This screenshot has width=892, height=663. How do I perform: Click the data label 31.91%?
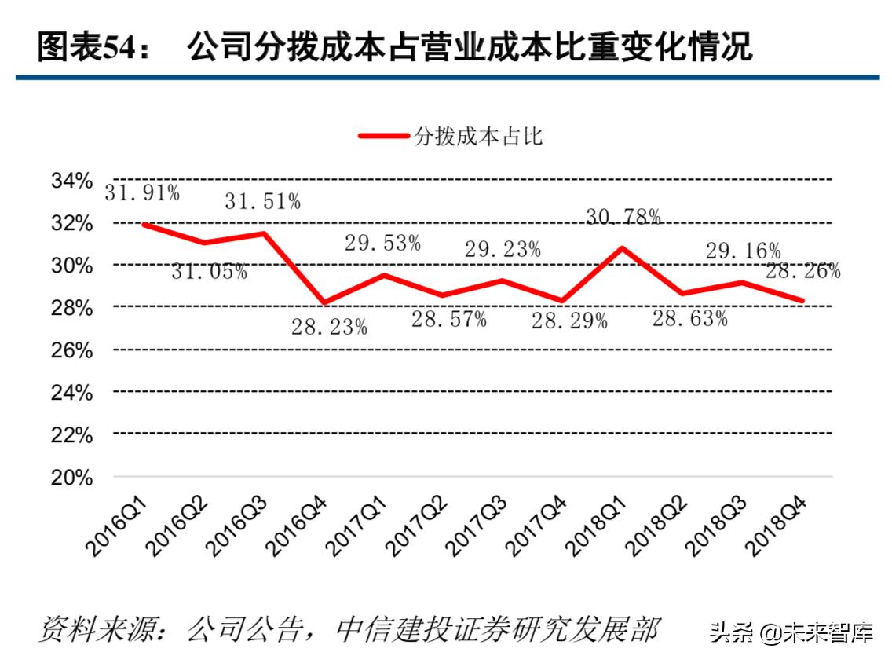(x=143, y=192)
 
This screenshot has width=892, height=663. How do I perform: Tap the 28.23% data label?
(x=329, y=326)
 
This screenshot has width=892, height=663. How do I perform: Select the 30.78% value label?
(x=623, y=218)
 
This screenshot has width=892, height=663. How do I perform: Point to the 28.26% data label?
(x=802, y=271)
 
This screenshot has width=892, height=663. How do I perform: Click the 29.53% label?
(x=382, y=243)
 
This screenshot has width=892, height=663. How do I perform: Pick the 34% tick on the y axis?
(x=72, y=181)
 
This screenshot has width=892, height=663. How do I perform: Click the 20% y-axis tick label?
(x=72, y=477)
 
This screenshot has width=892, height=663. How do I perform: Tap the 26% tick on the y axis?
(x=72, y=350)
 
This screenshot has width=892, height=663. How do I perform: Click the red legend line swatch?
(x=383, y=136)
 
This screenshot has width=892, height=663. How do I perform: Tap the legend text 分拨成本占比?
(x=479, y=136)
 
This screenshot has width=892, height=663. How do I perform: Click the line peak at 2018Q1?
(x=623, y=248)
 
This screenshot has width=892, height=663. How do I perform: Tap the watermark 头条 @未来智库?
(x=791, y=632)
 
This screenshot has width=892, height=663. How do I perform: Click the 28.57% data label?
(x=448, y=319)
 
